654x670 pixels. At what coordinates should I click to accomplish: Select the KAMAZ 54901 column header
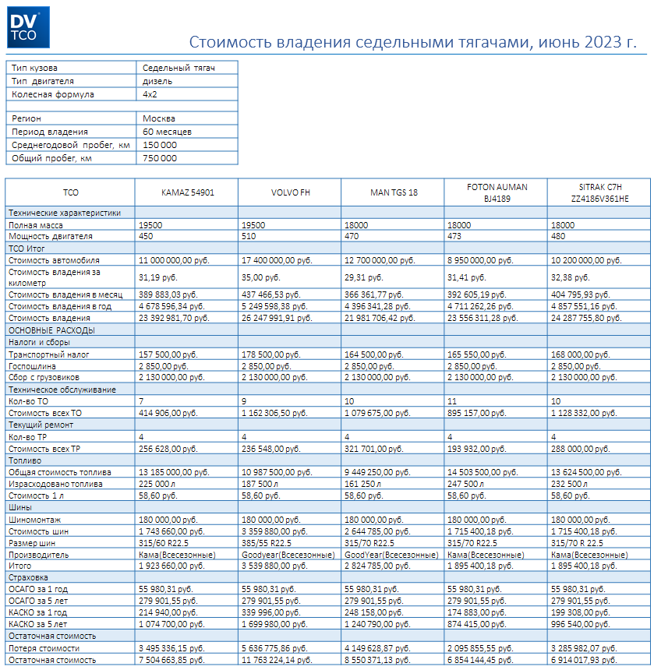click(x=187, y=192)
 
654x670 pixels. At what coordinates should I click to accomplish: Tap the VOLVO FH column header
click(x=289, y=192)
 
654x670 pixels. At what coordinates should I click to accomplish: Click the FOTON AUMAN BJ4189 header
click(x=497, y=192)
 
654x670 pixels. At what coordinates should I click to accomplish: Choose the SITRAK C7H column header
click(x=597, y=192)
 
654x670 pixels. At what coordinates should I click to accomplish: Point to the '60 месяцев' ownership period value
click(x=167, y=132)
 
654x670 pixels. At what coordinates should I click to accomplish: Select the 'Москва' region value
click(x=159, y=118)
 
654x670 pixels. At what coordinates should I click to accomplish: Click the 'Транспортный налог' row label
click(x=49, y=354)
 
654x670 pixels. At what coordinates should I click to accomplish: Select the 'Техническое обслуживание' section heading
click(x=62, y=390)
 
